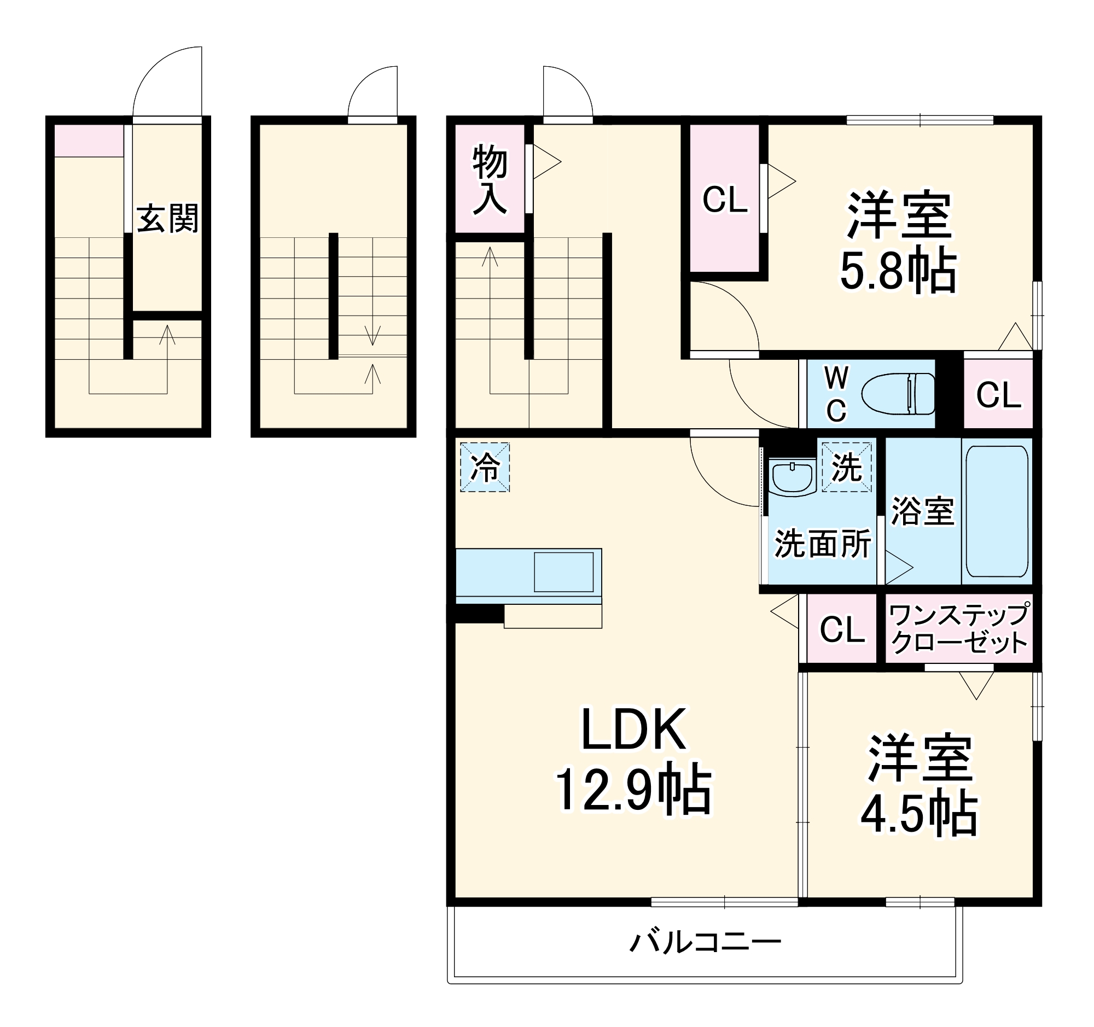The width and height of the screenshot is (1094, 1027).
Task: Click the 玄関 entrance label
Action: [167, 219]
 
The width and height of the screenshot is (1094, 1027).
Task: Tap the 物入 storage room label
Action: [489, 179]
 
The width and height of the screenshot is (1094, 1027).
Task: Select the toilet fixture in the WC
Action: [898, 394]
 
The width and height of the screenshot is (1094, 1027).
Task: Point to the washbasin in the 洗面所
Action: [793, 477]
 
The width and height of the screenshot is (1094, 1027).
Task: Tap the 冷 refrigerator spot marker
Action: [485, 468]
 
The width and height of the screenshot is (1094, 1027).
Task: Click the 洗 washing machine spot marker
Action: [846, 468]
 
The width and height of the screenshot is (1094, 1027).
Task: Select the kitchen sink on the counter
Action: [563, 572]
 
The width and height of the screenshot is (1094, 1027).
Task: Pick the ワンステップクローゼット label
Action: [959, 629]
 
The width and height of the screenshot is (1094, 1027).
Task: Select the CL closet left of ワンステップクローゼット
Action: [842, 629]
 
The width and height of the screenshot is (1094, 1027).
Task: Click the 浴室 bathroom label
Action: [922, 511]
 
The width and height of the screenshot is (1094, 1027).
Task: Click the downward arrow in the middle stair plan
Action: [373, 335]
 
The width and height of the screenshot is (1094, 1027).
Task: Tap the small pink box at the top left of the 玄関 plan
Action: [89, 141]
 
